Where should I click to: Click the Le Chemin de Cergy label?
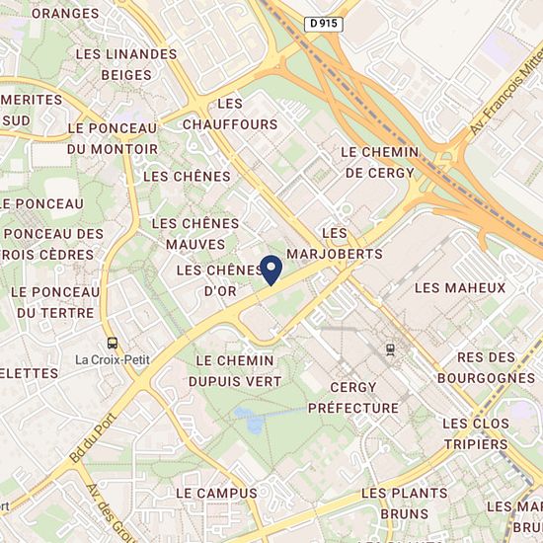(x=380, y=162)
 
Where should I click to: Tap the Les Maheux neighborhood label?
(x=460, y=288)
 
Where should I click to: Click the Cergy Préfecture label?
(x=352, y=397)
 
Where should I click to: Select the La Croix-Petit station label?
(x=113, y=359)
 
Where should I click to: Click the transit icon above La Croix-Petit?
(x=113, y=342)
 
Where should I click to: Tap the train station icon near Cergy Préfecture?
(x=391, y=348)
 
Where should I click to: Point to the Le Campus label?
(x=216, y=493)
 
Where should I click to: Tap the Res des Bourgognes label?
(x=488, y=366)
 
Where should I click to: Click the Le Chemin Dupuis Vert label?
(x=240, y=371)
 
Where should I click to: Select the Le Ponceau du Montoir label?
(x=113, y=138)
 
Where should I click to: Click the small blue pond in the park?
(x=250, y=422)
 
